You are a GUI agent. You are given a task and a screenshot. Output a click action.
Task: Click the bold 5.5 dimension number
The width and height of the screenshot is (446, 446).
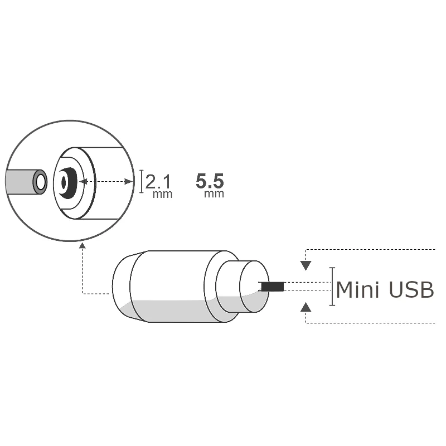(x=210, y=182)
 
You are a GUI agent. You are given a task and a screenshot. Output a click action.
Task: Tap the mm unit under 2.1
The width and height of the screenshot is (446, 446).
(x=163, y=195)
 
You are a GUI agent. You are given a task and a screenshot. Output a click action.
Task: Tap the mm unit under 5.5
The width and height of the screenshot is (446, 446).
(x=214, y=194)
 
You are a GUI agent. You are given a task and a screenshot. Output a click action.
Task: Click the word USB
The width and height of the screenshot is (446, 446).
(x=411, y=290)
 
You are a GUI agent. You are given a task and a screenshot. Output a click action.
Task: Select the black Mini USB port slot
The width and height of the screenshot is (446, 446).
(x=272, y=287)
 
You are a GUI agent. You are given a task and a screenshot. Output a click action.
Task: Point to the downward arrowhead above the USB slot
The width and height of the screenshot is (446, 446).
(x=306, y=265)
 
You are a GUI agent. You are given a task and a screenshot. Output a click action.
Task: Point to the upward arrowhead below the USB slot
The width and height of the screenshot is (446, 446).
(x=306, y=306)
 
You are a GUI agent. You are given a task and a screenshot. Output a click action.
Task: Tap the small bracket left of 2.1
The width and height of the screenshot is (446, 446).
(x=142, y=182)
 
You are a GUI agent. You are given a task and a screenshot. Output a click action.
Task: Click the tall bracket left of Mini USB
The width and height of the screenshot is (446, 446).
(x=332, y=287)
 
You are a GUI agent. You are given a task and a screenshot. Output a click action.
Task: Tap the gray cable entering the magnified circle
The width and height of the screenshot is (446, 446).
(x=20, y=182)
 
